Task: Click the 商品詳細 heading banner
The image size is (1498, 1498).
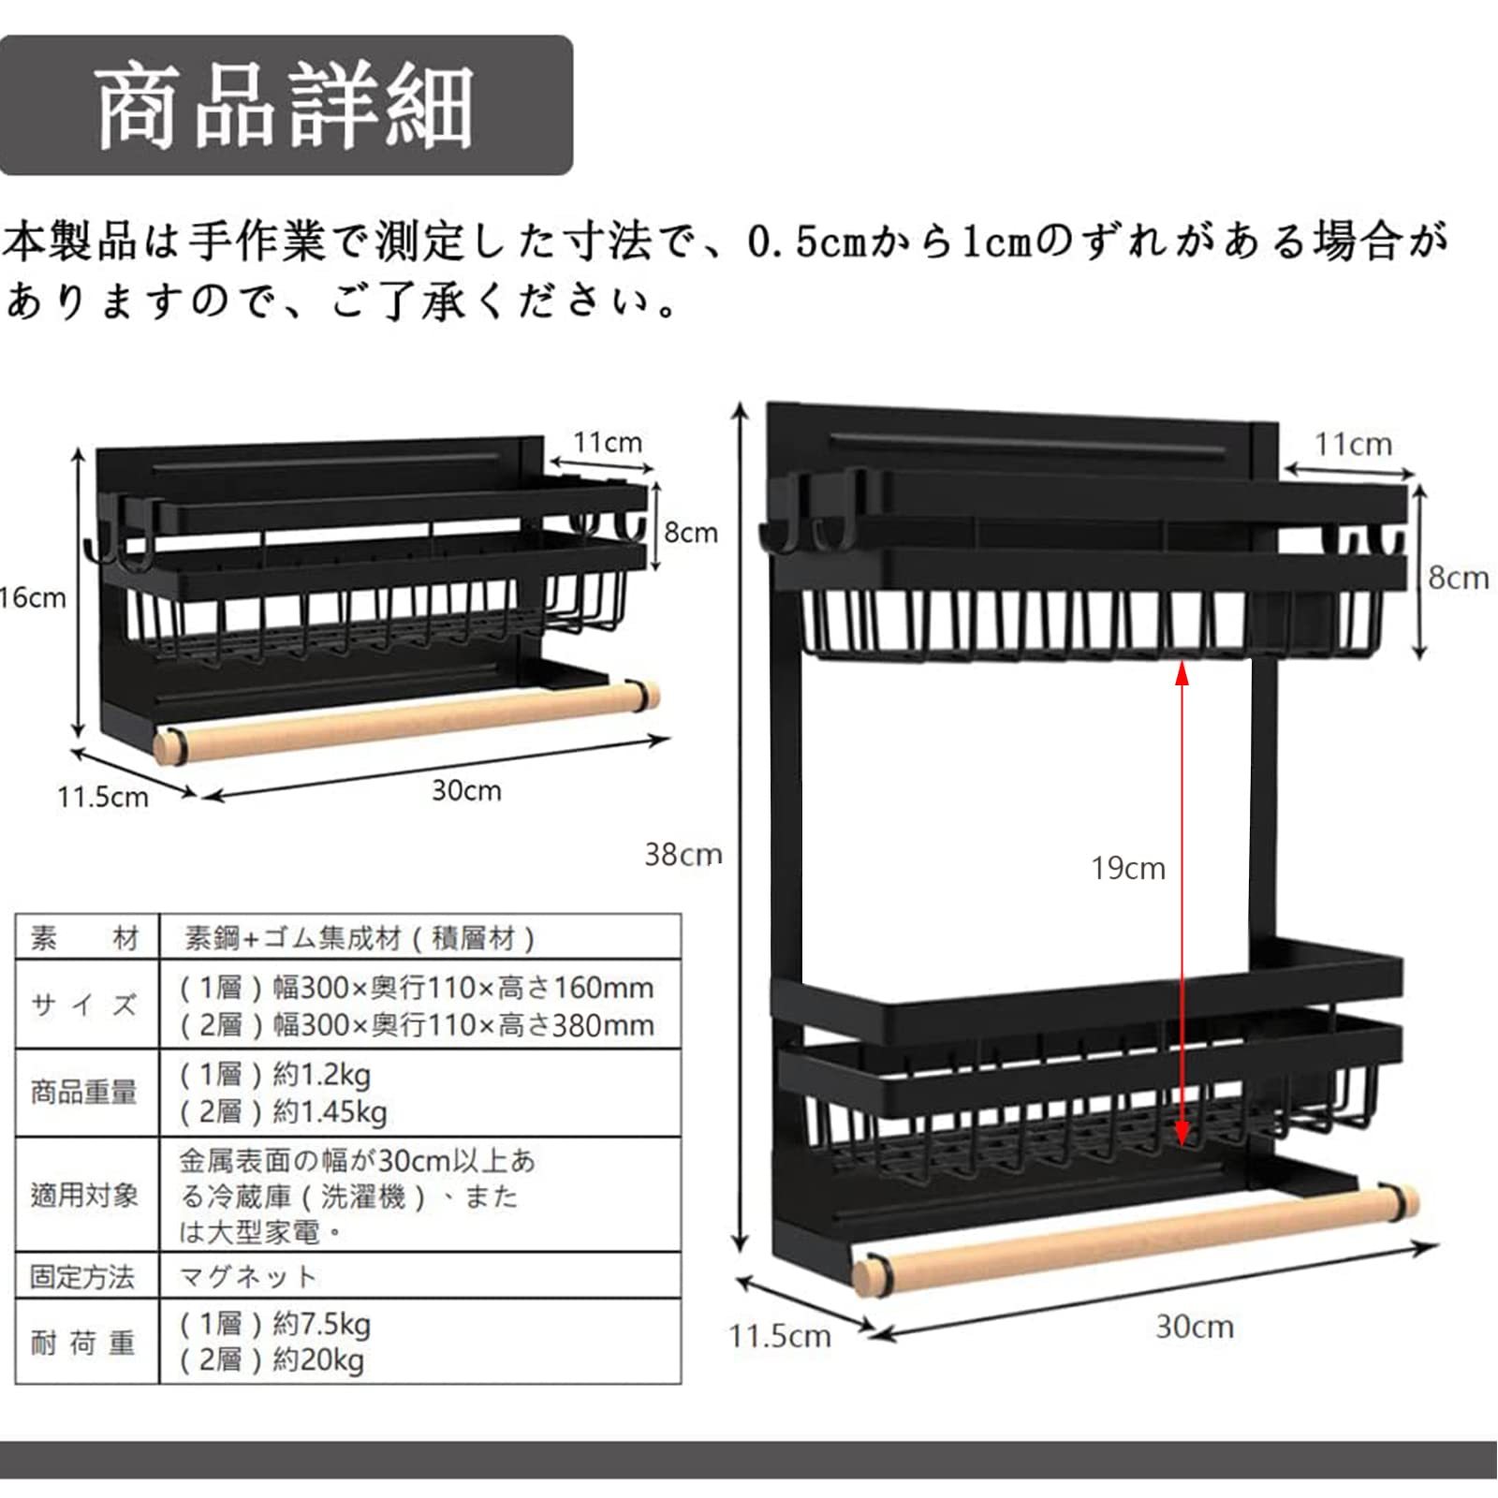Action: coord(285,106)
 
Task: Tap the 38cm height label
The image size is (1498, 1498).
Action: coord(683,854)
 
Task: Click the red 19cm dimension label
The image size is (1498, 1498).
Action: coord(1128,868)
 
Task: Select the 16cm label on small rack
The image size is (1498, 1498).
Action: coord(34,598)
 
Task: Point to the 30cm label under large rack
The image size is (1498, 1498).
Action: coord(1194,1327)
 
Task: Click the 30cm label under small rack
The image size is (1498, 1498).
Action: coord(466,790)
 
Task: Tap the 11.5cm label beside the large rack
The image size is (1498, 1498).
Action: coord(780,1335)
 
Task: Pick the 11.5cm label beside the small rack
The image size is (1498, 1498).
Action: coord(103,797)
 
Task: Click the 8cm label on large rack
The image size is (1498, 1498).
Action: coord(1458,578)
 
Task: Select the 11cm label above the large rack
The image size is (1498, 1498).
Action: coord(1353,444)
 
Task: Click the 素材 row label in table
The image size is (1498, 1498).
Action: coord(84,938)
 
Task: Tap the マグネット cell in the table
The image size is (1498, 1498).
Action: coord(249,1276)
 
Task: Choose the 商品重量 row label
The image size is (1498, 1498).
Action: coord(84,1092)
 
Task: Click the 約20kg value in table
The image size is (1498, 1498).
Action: coord(318,1359)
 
